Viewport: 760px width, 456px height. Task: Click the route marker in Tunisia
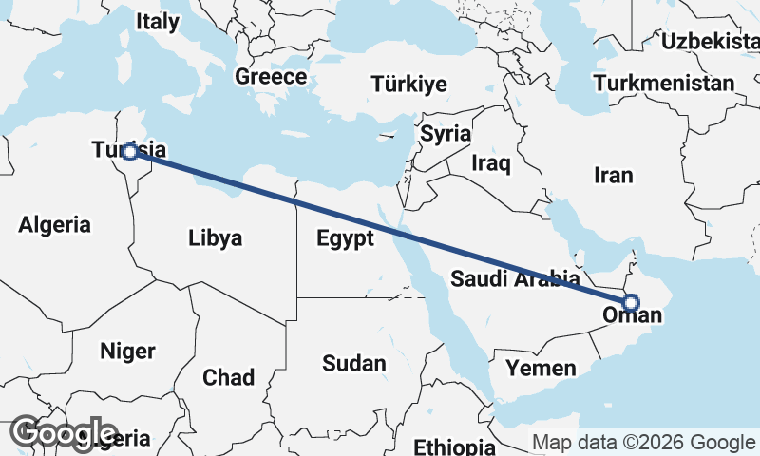coord(130,152)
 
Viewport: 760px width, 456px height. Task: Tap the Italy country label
coord(157,22)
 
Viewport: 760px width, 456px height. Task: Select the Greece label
coord(271,77)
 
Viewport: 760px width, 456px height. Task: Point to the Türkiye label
coord(409,84)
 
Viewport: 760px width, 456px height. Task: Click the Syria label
coord(446,133)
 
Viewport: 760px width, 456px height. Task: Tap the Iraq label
coord(491,163)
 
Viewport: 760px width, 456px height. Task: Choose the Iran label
coord(613,175)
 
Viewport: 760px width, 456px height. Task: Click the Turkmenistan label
coord(664,83)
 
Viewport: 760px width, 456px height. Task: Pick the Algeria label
coord(55,225)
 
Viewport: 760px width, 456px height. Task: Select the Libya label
coord(215,237)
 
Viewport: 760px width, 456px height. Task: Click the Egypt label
coord(346,238)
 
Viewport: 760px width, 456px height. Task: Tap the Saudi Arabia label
coord(514,279)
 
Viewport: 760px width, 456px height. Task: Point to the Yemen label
coord(541,367)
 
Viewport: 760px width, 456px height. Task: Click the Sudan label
coord(354,363)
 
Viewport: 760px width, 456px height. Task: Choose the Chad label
coord(228,377)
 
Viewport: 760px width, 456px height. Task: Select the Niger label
coord(127,351)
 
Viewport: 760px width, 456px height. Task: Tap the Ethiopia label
coord(454,446)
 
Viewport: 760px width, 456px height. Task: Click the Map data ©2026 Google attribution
coord(643,442)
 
